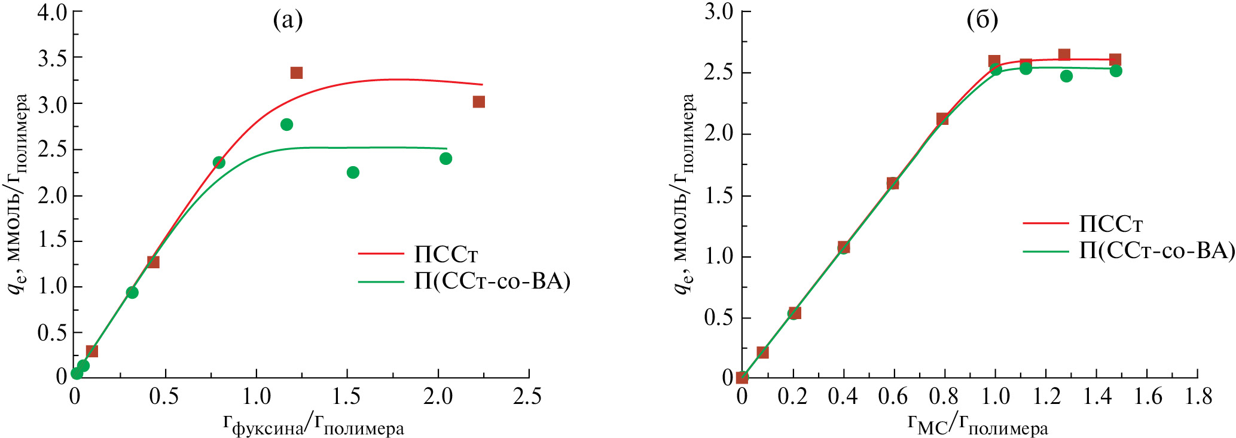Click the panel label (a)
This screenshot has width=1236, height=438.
coord(288,21)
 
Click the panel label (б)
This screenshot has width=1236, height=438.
coord(982,21)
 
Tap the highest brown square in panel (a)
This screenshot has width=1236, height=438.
coord(296,73)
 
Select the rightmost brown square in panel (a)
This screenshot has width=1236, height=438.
coord(478,102)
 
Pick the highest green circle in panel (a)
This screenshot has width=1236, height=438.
coord(286,124)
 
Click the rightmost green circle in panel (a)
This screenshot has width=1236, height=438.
coord(445,158)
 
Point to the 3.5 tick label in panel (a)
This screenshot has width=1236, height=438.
coord(53,57)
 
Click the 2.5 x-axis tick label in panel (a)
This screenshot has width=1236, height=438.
coord(527,396)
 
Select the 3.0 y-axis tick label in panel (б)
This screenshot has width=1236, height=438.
coord(719,11)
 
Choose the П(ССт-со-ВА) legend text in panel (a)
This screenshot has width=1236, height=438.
coord(492,281)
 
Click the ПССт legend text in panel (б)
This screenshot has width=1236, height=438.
coord(1111,224)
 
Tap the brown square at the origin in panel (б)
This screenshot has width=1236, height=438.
coord(742,377)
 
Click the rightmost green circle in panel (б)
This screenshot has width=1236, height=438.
coord(1116,71)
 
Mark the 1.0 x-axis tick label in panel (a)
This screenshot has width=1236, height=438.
coord(256,396)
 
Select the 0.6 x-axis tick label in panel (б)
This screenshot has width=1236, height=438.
coord(893,396)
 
